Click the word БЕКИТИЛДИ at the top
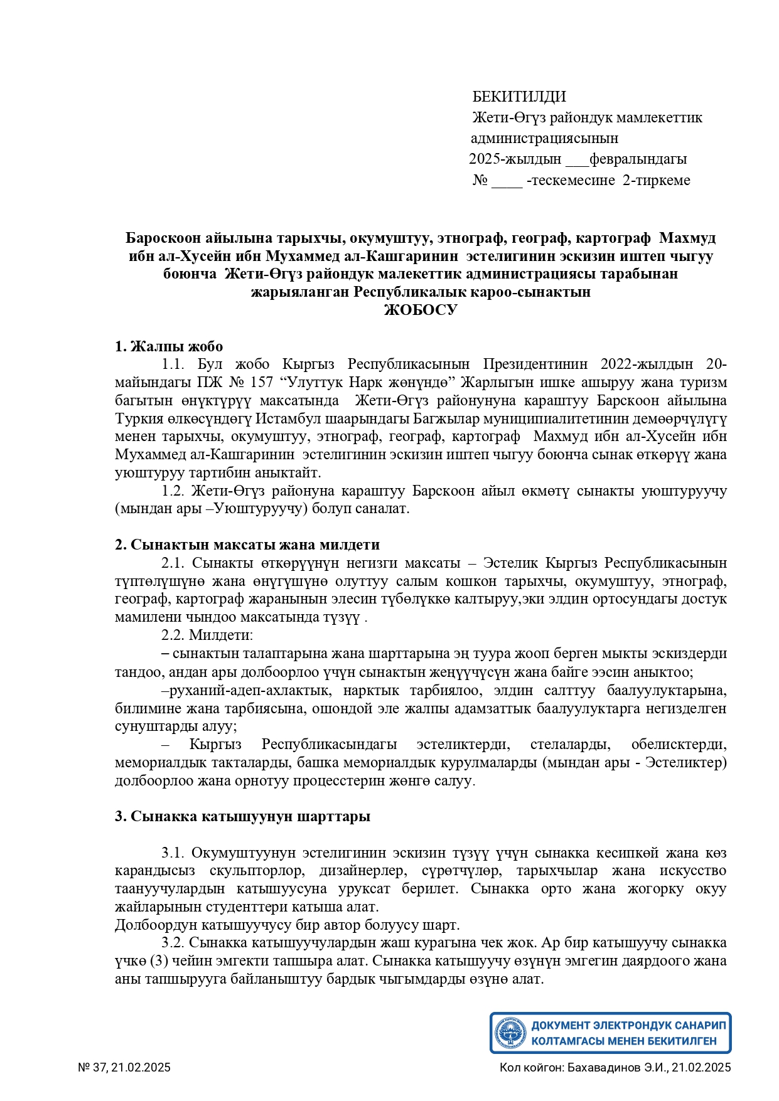(519, 97)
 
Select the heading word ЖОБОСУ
(421, 310)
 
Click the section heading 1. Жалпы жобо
(169, 346)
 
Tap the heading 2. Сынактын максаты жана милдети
(247, 545)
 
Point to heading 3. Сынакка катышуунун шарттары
(242, 816)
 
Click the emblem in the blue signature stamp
(510, 1033)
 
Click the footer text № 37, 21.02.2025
(124, 1067)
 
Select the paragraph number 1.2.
(172, 491)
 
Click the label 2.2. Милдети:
(207, 635)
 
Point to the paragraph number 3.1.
(172, 853)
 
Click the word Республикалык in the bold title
(412, 292)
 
